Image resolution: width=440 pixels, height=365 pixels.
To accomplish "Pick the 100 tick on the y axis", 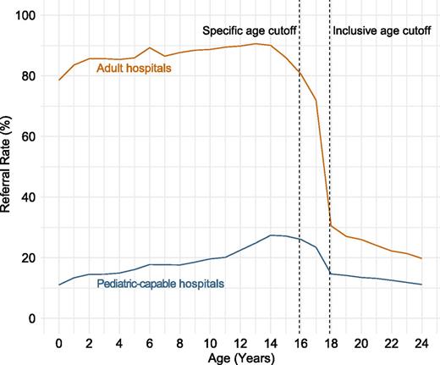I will [x=29, y=15].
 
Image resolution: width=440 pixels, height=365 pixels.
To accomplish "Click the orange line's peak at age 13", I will [x=255, y=44].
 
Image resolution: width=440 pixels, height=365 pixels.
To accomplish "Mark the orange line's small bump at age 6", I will [x=149, y=48].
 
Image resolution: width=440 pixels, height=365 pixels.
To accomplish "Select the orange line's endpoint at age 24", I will [x=421, y=258].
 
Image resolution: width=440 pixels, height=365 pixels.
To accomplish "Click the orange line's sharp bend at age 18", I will [x=330, y=225].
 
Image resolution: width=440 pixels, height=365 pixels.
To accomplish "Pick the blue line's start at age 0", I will [x=58, y=285].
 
